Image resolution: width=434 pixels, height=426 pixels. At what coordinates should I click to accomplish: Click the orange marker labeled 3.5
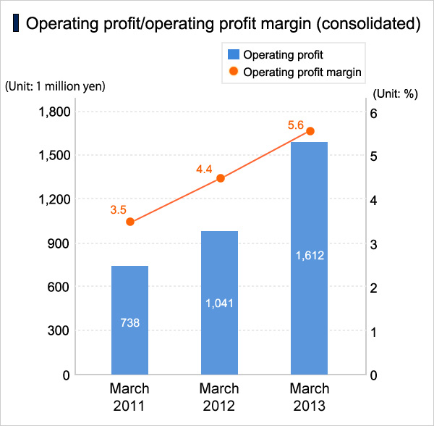tap(130, 222)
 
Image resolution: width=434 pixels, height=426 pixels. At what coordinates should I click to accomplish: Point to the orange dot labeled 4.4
tap(221, 178)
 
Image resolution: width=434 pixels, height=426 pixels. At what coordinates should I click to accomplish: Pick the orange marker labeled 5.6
tap(310, 131)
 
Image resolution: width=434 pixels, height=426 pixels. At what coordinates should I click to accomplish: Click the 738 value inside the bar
tap(129, 322)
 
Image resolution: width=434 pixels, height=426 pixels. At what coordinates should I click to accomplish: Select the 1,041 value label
tap(219, 302)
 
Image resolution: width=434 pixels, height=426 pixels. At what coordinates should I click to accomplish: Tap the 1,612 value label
tap(310, 255)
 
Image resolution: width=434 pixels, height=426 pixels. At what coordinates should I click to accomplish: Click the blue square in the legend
tap(233, 54)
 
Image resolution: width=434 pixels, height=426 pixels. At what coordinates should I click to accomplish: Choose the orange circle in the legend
tap(233, 72)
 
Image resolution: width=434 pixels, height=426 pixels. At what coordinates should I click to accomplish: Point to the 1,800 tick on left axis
tap(54, 112)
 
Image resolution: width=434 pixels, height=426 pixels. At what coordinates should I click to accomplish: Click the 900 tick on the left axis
tap(59, 243)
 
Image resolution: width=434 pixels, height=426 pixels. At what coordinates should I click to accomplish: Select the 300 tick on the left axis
tap(59, 331)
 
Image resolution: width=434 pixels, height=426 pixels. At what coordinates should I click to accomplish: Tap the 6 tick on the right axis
tap(374, 113)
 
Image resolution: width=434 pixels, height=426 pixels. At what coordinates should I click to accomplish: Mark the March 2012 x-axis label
tap(219, 396)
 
